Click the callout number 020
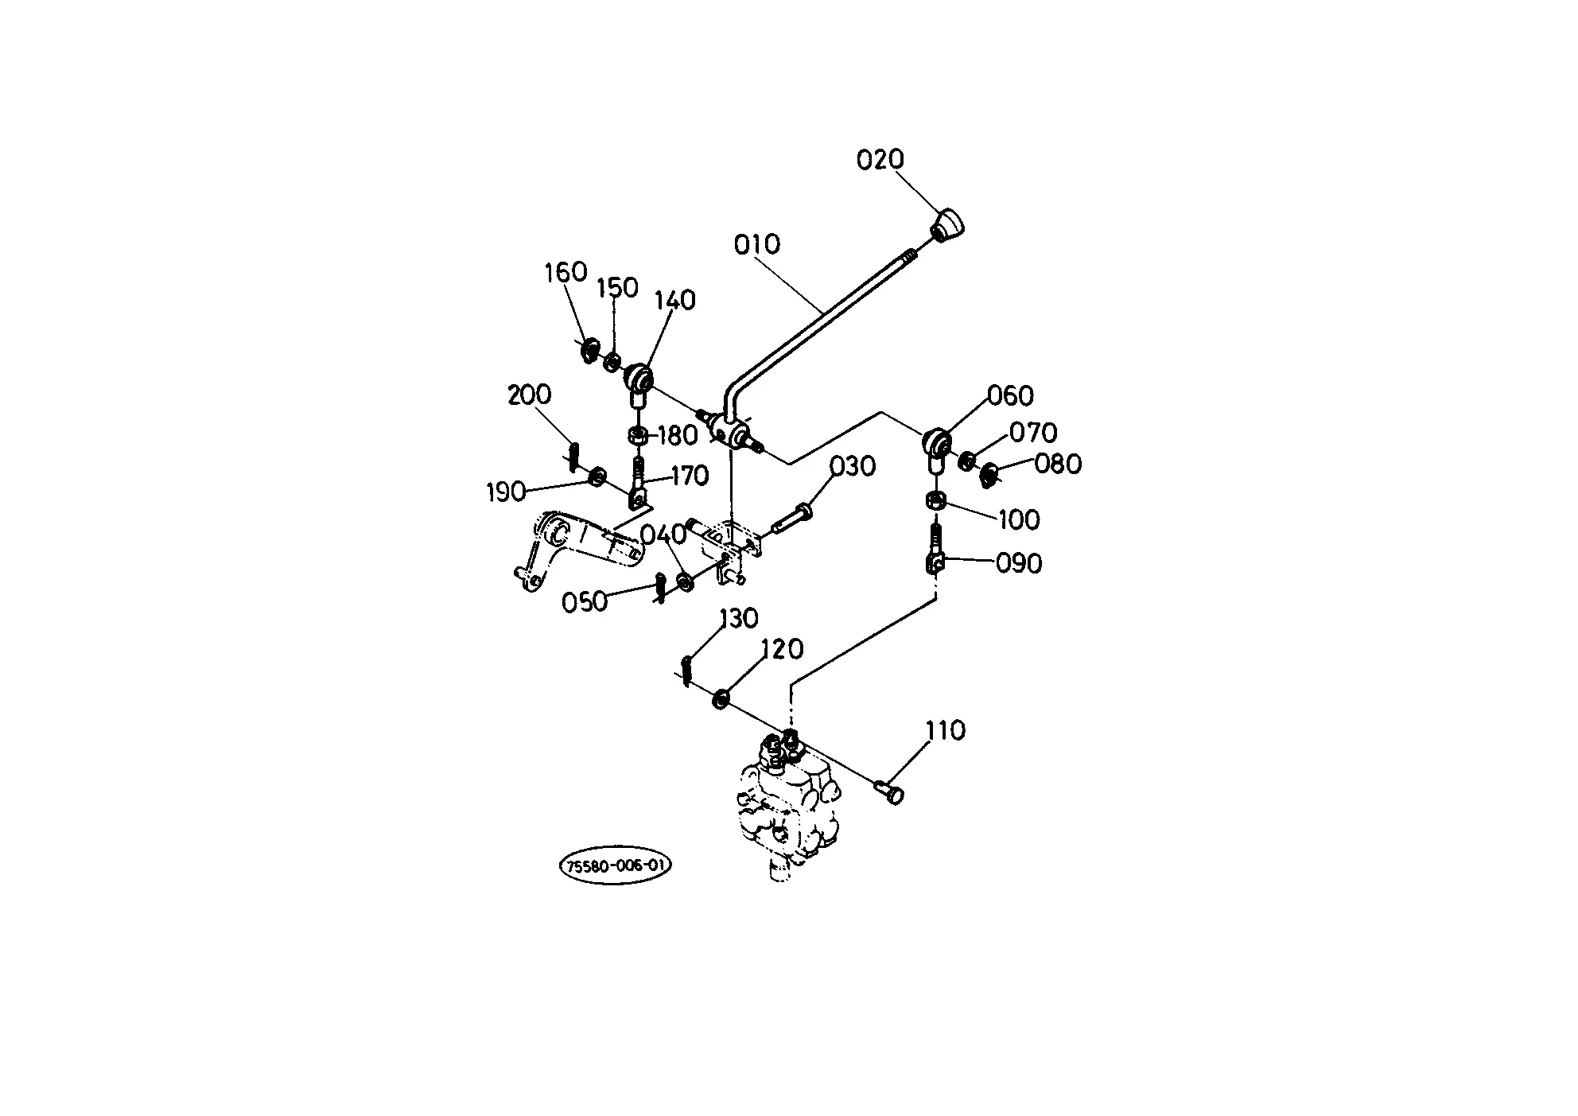point(880,160)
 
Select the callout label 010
point(756,244)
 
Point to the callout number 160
point(566,272)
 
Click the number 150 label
point(617,287)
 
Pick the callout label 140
point(674,300)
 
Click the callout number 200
point(530,395)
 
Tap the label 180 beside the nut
point(677,436)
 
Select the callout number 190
point(507,492)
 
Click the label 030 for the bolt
point(853,466)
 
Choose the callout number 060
point(1010,395)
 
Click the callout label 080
point(1058,464)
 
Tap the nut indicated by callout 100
point(936,502)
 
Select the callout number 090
point(1019,563)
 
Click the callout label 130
point(739,618)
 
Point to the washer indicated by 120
point(721,699)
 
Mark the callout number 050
point(585,602)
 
